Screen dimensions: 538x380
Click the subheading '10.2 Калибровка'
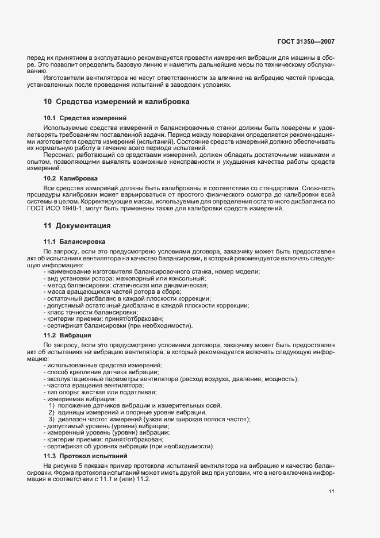[71, 179]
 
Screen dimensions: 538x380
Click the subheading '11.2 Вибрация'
[66, 335]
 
